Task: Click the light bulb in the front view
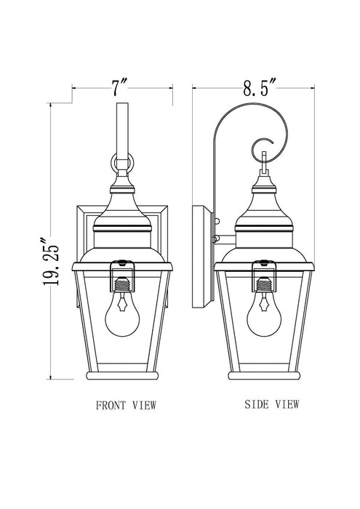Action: pyautogui.click(x=121, y=321)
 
